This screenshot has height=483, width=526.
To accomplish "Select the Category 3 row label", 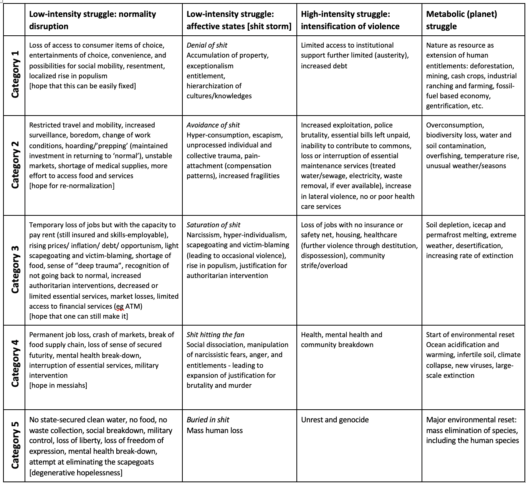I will (15, 270).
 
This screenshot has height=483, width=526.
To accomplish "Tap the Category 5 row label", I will (15, 446).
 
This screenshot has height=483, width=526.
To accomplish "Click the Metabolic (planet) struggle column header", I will (461, 20).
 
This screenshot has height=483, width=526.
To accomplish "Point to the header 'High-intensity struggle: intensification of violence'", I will (350, 20).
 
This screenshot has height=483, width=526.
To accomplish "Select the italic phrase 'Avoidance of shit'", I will (213, 125).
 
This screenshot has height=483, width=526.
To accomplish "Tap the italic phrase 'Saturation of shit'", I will (213, 225).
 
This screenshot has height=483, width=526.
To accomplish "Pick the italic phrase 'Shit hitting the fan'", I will (215, 335).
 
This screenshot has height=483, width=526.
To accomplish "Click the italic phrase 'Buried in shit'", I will (208, 420).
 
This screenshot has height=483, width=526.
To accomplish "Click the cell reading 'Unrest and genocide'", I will (335, 420).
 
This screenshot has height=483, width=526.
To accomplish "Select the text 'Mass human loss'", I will (215, 430).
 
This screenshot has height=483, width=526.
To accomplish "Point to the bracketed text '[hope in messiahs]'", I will (58, 385).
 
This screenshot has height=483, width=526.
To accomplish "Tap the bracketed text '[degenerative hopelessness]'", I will (76, 473).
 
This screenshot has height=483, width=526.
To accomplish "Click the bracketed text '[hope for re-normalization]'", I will (72, 186).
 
